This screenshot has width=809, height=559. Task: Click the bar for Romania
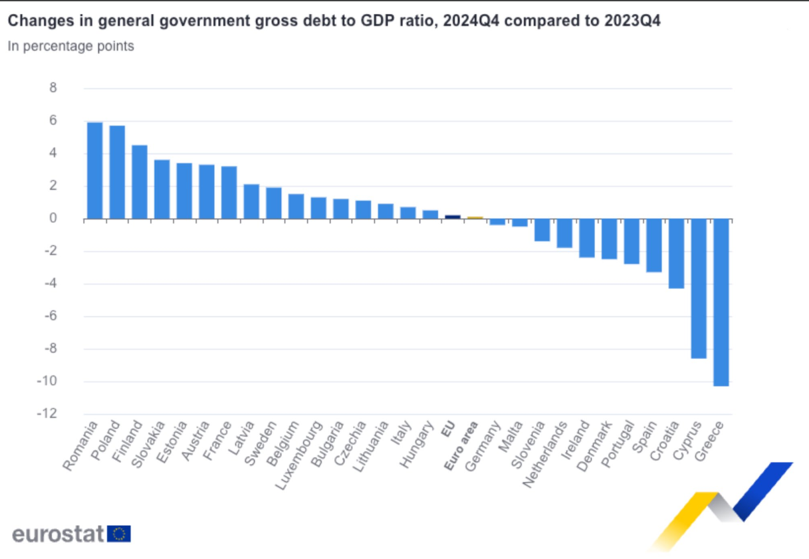click(94, 170)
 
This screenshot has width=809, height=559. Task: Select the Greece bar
click(721, 302)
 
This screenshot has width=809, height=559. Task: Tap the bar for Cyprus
click(699, 288)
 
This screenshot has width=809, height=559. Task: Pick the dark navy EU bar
click(453, 217)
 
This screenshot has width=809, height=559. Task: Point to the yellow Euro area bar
click(475, 217)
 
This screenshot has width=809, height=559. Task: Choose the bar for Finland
click(140, 181)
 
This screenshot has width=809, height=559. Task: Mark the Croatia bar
click(676, 253)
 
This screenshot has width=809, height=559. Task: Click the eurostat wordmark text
click(58, 534)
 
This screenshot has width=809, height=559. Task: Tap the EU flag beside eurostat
click(120, 534)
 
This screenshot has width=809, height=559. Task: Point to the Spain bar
click(654, 245)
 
